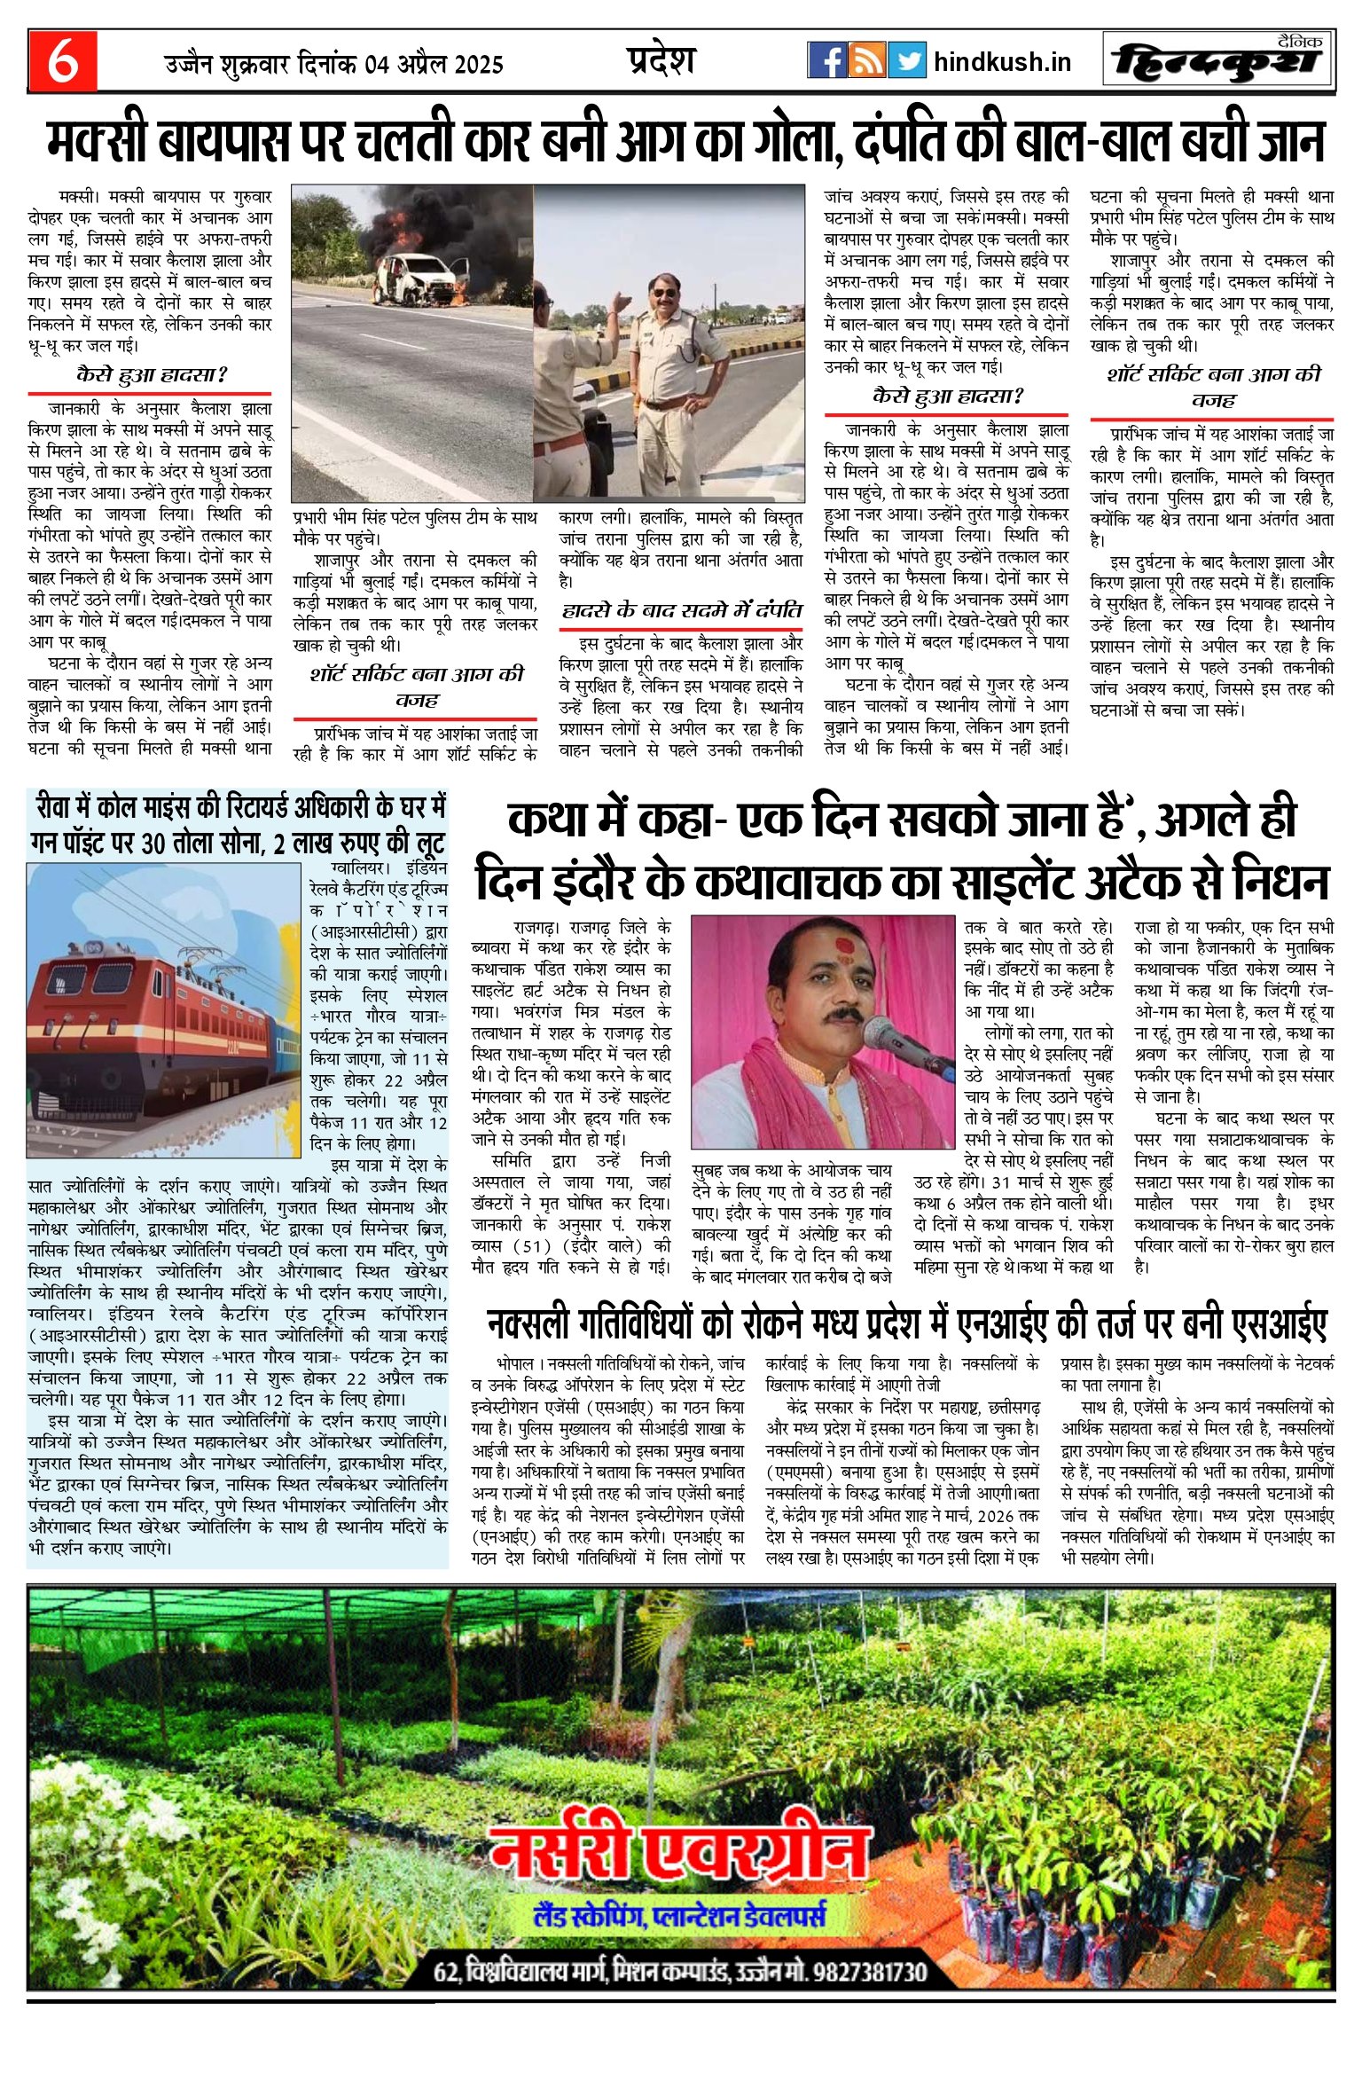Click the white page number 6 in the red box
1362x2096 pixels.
[x=62, y=61]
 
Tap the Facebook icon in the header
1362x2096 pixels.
[x=826, y=60]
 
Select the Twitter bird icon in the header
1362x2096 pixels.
[x=906, y=60]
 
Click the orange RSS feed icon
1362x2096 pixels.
[x=866, y=60]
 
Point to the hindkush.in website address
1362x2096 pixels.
[x=1002, y=62]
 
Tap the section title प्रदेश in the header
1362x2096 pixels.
[x=661, y=59]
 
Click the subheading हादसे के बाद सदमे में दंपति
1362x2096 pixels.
[x=681, y=610]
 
